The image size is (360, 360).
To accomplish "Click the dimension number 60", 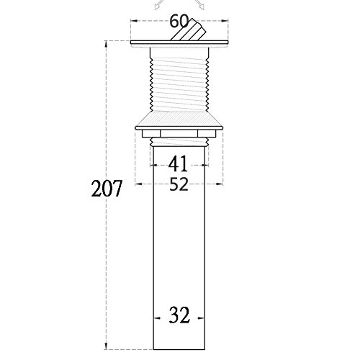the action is [179, 22].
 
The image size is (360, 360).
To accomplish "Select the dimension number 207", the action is [107, 189].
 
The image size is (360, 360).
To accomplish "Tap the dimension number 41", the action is [178, 164].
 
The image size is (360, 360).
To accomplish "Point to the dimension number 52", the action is [179, 184].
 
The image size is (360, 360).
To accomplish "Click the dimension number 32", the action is [179, 315].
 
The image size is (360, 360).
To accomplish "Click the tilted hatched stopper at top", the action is [189, 30].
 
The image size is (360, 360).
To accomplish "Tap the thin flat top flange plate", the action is [179, 42].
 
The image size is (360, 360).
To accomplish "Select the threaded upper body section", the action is [179, 79].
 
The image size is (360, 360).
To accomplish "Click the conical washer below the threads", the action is [179, 121].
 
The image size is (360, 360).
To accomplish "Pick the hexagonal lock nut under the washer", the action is [179, 134].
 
